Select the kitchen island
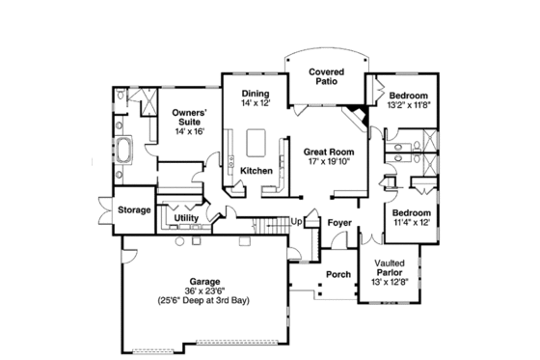(x=257, y=142)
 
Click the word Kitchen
(x=256, y=171)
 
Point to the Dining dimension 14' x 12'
(x=256, y=102)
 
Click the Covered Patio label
(x=328, y=77)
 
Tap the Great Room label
(x=328, y=152)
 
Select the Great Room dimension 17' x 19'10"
(x=328, y=163)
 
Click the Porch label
(x=337, y=274)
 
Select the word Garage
(x=205, y=279)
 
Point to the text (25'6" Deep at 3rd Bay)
(x=205, y=300)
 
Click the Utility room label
(x=186, y=219)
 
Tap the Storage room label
(x=133, y=209)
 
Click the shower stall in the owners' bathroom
(x=146, y=99)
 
